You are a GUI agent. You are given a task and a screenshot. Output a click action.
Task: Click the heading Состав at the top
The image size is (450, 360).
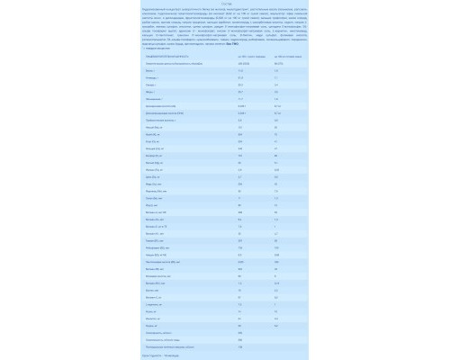(224, 5)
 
